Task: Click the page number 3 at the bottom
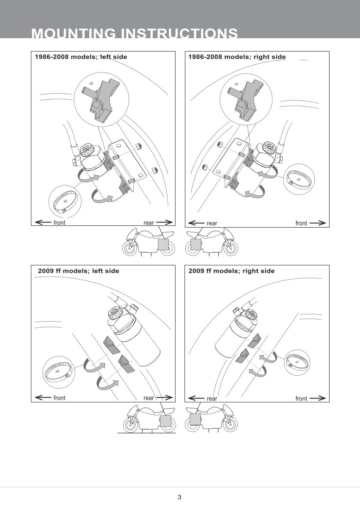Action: coord(179,497)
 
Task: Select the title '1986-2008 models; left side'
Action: coord(81,57)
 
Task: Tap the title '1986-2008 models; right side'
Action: coord(237,57)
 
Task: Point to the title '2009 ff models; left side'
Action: coord(79,271)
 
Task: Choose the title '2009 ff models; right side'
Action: coord(231,271)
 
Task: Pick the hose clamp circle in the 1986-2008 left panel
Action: coord(65,200)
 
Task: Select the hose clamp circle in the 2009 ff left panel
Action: coord(57,370)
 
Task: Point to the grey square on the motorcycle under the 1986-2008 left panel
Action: coord(163,244)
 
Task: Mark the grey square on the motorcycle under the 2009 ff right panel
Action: coord(196,419)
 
